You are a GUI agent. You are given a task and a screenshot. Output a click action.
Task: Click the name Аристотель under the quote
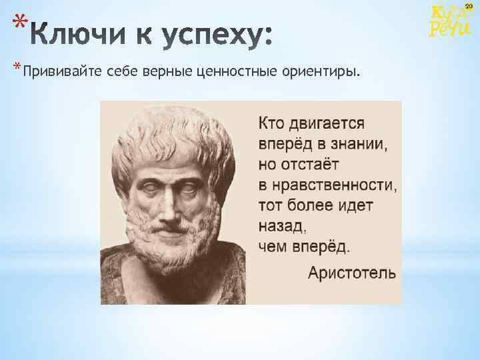pyautogui.click(x=351, y=273)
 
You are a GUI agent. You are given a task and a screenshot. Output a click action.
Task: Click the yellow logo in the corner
pyautogui.click(x=443, y=21)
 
